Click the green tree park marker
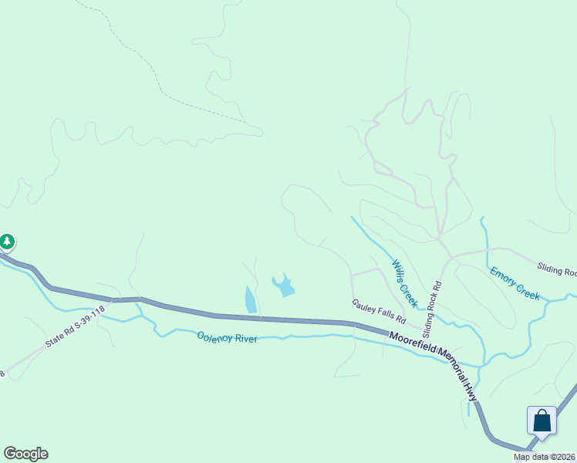[7, 242]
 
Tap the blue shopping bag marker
[542, 421]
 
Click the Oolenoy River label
[227, 337]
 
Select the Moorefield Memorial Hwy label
[434, 360]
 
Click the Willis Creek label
[404, 282]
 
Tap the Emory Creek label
[515, 282]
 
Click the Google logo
[25, 454]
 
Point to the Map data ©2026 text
[545, 457]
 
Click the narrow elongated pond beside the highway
[250, 299]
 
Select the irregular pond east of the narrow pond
[283, 286]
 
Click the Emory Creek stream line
[486, 255]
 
